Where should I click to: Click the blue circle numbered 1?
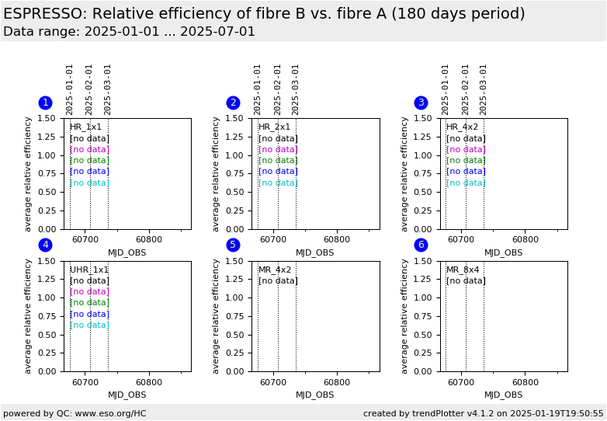[x=45, y=103]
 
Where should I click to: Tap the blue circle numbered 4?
[x=45, y=245]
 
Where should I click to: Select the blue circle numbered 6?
[x=421, y=245]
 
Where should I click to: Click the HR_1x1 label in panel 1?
[x=85, y=127]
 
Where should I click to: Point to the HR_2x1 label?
[x=274, y=127]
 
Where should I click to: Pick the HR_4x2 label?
[x=462, y=127]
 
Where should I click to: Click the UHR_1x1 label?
[x=89, y=270]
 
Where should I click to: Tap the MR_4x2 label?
[x=275, y=270]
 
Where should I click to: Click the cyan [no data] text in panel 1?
[x=89, y=183]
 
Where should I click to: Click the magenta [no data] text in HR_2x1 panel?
[x=278, y=149]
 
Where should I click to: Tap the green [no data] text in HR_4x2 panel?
[x=466, y=161]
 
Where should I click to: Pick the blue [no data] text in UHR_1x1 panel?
[x=89, y=314]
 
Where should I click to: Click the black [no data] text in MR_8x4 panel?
[x=466, y=281]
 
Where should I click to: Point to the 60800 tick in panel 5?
[x=337, y=382]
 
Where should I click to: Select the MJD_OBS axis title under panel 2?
[x=315, y=252]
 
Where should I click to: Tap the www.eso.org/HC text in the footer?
[x=109, y=413]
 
